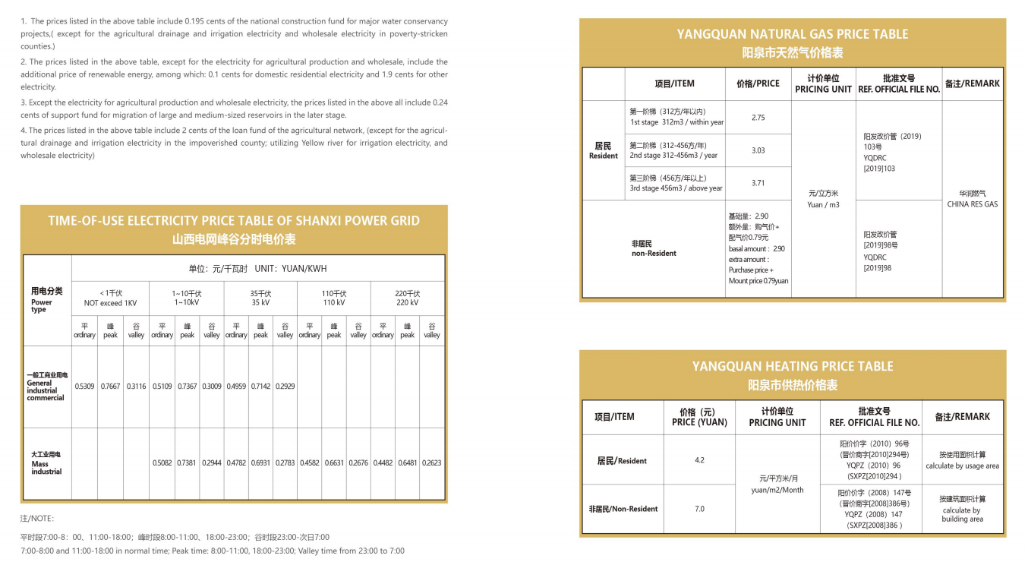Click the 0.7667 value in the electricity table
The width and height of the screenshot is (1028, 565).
coord(110,387)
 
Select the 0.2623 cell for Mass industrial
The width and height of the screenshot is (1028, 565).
coord(431,462)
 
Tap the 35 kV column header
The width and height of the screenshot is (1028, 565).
coord(260,298)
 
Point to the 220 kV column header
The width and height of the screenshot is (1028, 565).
coord(407,298)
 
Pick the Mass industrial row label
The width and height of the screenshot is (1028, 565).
coord(46,463)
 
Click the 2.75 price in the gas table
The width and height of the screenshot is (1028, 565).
coord(758,118)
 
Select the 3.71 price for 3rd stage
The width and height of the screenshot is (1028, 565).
coord(758,183)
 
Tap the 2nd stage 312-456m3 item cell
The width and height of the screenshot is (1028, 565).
coord(673,150)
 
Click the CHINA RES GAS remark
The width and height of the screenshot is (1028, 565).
coord(973,199)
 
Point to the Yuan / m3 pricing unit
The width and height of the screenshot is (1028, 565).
coord(823,199)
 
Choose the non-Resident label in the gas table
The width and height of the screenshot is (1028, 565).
coord(654,248)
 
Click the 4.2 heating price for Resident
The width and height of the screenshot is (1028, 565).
coord(699,460)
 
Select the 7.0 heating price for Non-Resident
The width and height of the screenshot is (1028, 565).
coord(699,509)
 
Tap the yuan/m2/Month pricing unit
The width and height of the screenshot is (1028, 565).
coord(777,485)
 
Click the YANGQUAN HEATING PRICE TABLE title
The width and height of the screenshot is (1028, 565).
coord(792,366)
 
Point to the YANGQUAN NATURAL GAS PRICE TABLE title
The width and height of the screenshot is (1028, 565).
coord(792,34)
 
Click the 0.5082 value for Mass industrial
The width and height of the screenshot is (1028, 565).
coord(162,462)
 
